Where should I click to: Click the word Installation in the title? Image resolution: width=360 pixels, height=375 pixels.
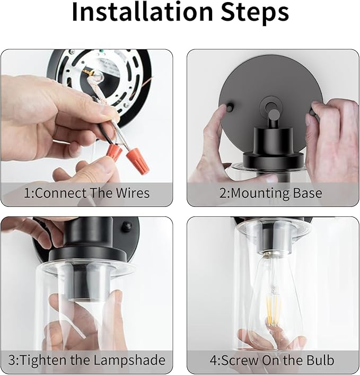click(x=142, y=12)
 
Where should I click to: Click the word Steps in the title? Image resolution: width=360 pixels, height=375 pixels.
click(x=254, y=14)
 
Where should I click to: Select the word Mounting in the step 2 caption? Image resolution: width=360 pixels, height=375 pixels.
click(x=260, y=194)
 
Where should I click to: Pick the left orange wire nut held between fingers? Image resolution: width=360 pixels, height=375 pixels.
click(x=116, y=153)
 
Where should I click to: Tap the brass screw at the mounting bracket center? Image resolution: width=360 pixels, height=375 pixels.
click(x=90, y=72)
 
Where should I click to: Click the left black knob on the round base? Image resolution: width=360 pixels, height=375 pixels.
click(x=230, y=107)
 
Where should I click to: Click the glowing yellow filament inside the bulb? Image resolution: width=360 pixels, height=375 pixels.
click(x=273, y=310)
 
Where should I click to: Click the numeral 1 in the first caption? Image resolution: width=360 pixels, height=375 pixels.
click(x=28, y=193)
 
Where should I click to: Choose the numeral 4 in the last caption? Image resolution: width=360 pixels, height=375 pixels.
click(x=214, y=360)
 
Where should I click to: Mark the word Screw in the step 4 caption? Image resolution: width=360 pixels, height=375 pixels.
click(x=240, y=360)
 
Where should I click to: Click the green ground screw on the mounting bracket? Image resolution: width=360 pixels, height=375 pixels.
click(x=101, y=51)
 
